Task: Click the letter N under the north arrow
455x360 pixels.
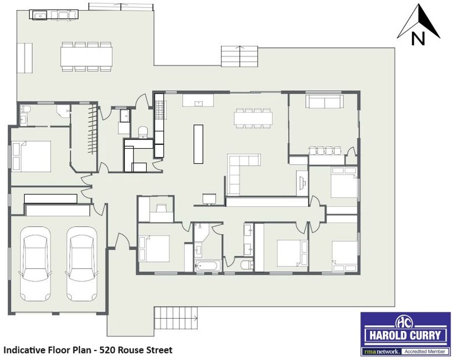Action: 418,38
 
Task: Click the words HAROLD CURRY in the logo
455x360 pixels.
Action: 405,336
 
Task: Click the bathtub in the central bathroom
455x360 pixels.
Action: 207,265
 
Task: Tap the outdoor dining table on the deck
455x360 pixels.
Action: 86,57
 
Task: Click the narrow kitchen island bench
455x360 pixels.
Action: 198,144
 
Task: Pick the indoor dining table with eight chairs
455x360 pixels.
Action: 253,118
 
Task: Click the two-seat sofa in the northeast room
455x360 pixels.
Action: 324,101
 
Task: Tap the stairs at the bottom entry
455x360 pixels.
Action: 176,318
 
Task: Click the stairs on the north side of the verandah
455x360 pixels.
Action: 240,56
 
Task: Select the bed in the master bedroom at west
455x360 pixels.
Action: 31,157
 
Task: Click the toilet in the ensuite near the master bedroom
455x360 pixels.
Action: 25,109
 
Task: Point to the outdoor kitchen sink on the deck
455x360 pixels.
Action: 40,16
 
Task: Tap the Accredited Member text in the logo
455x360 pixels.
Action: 425,351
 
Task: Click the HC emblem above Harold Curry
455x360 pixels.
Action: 405,322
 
